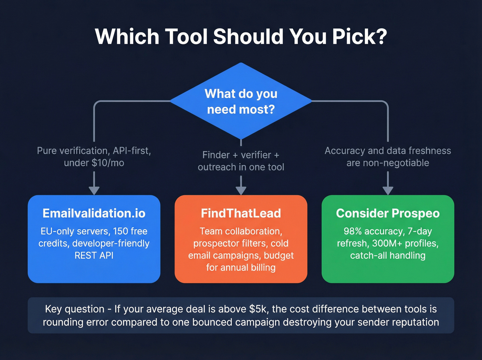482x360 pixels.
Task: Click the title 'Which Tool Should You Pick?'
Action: tap(241, 37)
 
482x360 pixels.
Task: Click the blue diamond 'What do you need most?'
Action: tap(241, 101)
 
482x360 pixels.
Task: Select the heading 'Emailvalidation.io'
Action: tap(94, 213)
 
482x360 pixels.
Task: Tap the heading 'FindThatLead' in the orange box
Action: tap(241, 213)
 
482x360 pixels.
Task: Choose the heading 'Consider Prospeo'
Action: tap(388, 213)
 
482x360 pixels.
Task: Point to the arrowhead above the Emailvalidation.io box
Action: tap(94, 191)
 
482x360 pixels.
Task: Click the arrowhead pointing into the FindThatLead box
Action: tap(241, 191)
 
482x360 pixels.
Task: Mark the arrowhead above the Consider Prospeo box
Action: tap(388, 191)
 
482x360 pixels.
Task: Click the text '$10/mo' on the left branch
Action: tap(108, 163)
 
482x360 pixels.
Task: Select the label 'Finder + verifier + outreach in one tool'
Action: tap(241, 161)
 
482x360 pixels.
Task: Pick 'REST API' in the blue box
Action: tap(94, 256)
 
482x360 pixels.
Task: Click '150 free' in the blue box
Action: tap(130, 231)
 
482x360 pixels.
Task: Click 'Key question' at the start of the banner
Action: tap(75, 309)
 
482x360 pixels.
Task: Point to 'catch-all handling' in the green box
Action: tap(388, 256)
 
